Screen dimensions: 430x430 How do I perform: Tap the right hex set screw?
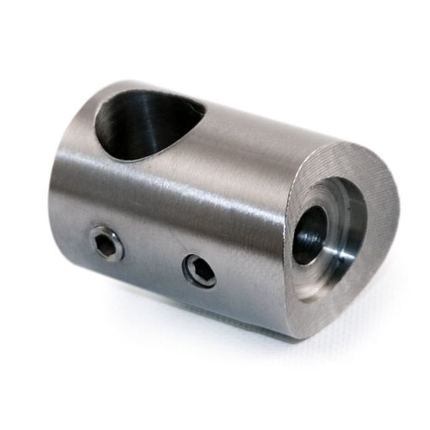coord(200,270)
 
